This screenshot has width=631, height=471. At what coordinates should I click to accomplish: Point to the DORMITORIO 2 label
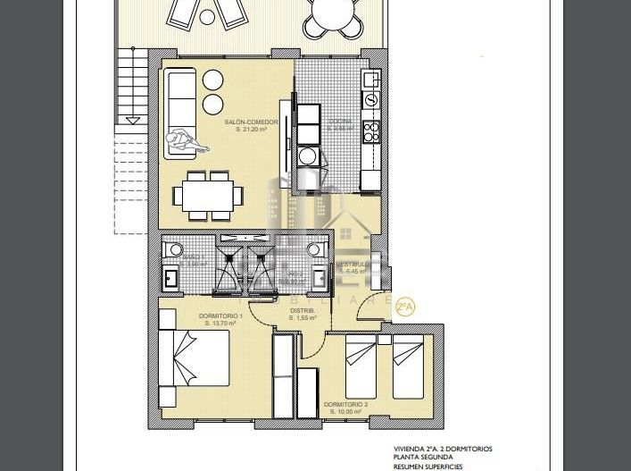click(x=345, y=404)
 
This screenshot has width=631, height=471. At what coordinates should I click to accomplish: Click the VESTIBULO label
click(x=353, y=265)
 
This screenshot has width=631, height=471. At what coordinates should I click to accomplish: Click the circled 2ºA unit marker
click(x=404, y=307)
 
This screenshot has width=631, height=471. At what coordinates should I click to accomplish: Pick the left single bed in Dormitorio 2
click(x=361, y=366)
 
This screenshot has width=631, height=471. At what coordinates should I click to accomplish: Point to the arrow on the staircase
click(x=133, y=118)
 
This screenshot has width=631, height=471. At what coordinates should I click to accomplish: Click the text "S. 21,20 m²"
click(x=251, y=129)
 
